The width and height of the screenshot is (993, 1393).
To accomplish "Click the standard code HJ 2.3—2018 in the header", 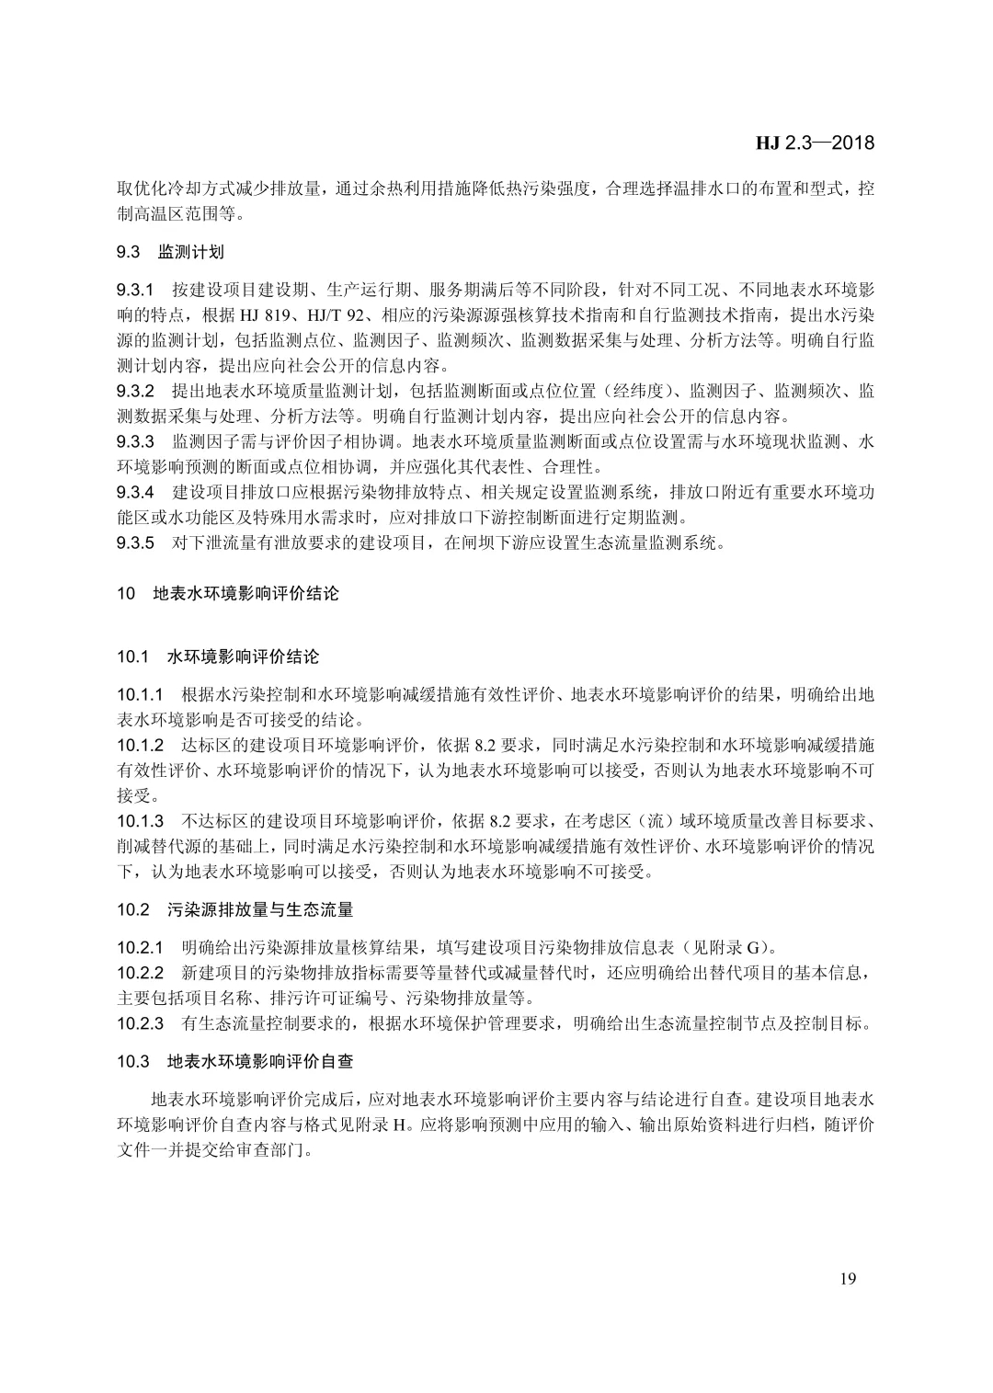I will (x=815, y=143).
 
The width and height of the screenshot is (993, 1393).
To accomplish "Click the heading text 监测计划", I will (x=191, y=251).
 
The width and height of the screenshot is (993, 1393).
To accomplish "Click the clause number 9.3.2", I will (x=135, y=391).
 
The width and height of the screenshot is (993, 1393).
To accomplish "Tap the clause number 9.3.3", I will (x=135, y=441).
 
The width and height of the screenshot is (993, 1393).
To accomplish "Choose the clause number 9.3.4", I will (x=135, y=492).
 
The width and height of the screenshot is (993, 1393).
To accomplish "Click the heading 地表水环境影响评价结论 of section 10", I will (x=245, y=594).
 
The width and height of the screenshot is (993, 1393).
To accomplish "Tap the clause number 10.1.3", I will (x=140, y=819).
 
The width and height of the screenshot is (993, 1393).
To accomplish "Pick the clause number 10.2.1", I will (x=140, y=946).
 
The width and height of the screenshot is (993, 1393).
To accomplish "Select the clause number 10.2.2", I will (x=140, y=972).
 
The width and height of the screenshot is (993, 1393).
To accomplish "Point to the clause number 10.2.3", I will (x=140, y=1022).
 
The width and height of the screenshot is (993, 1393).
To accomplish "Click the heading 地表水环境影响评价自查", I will (x=260, y=1061).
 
